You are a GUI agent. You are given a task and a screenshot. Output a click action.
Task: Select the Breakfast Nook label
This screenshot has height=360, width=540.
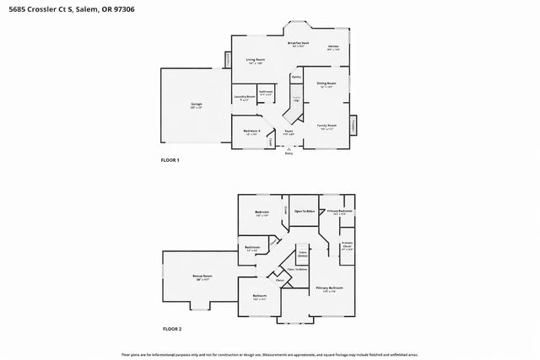pos(297,44)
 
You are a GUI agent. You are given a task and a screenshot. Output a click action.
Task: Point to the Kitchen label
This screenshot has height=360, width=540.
pos(333,47)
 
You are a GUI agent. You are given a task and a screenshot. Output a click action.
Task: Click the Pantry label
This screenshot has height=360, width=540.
pos(296,78)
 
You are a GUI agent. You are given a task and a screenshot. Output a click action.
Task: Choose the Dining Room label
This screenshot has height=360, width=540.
pos(326,84)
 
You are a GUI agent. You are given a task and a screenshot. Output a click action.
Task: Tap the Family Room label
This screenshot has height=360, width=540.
pos(324,126)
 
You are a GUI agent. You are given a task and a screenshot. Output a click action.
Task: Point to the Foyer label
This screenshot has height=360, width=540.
pos(289,132)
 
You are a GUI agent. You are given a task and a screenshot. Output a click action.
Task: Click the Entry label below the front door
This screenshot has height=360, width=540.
pos(289,153)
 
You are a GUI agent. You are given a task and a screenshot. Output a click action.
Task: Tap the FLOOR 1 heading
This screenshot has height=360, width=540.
pos(170,160)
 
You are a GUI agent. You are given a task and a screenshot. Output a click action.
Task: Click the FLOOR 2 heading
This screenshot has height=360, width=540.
pos(172,329)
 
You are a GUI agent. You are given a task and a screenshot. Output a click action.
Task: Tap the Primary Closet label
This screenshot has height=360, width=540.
pos(347,246)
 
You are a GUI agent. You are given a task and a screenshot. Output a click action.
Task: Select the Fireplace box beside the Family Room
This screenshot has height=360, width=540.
pos(353,124)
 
